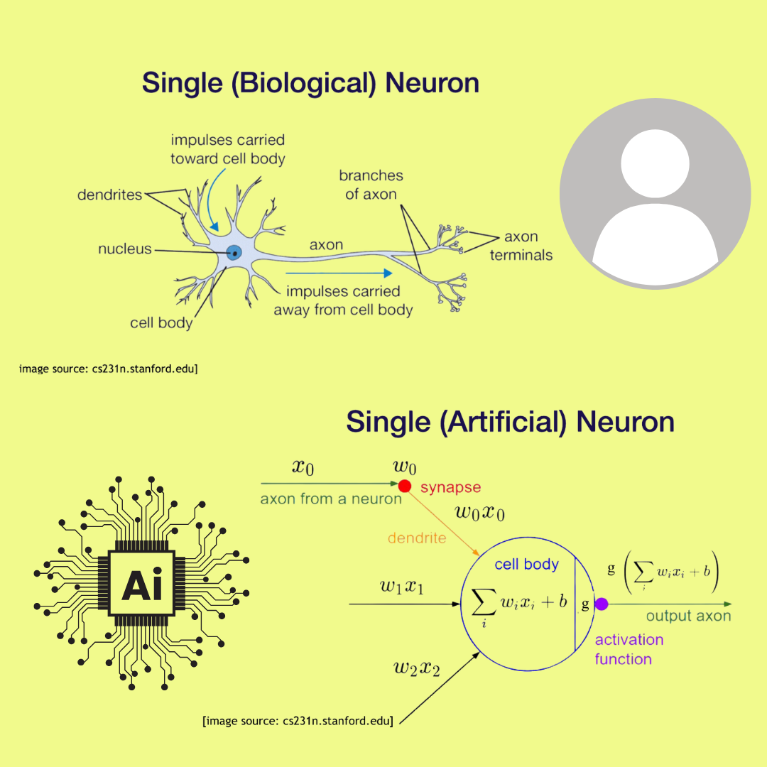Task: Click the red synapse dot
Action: coord(404,486)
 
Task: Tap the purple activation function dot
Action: coord(602,604)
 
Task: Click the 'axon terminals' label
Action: coord(521,246)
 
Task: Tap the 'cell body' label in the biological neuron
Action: coord(161,323)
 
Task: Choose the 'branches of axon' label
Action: coord(371,185)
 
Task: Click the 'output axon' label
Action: coord(688,616)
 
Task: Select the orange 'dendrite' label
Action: coord(416,538)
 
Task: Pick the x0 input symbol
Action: coord(303,467)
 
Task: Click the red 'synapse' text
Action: coord(450,487)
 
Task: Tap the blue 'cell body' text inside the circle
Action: coord(526,565)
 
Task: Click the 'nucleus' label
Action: coord(125,249)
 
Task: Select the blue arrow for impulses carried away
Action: coord(339,273)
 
